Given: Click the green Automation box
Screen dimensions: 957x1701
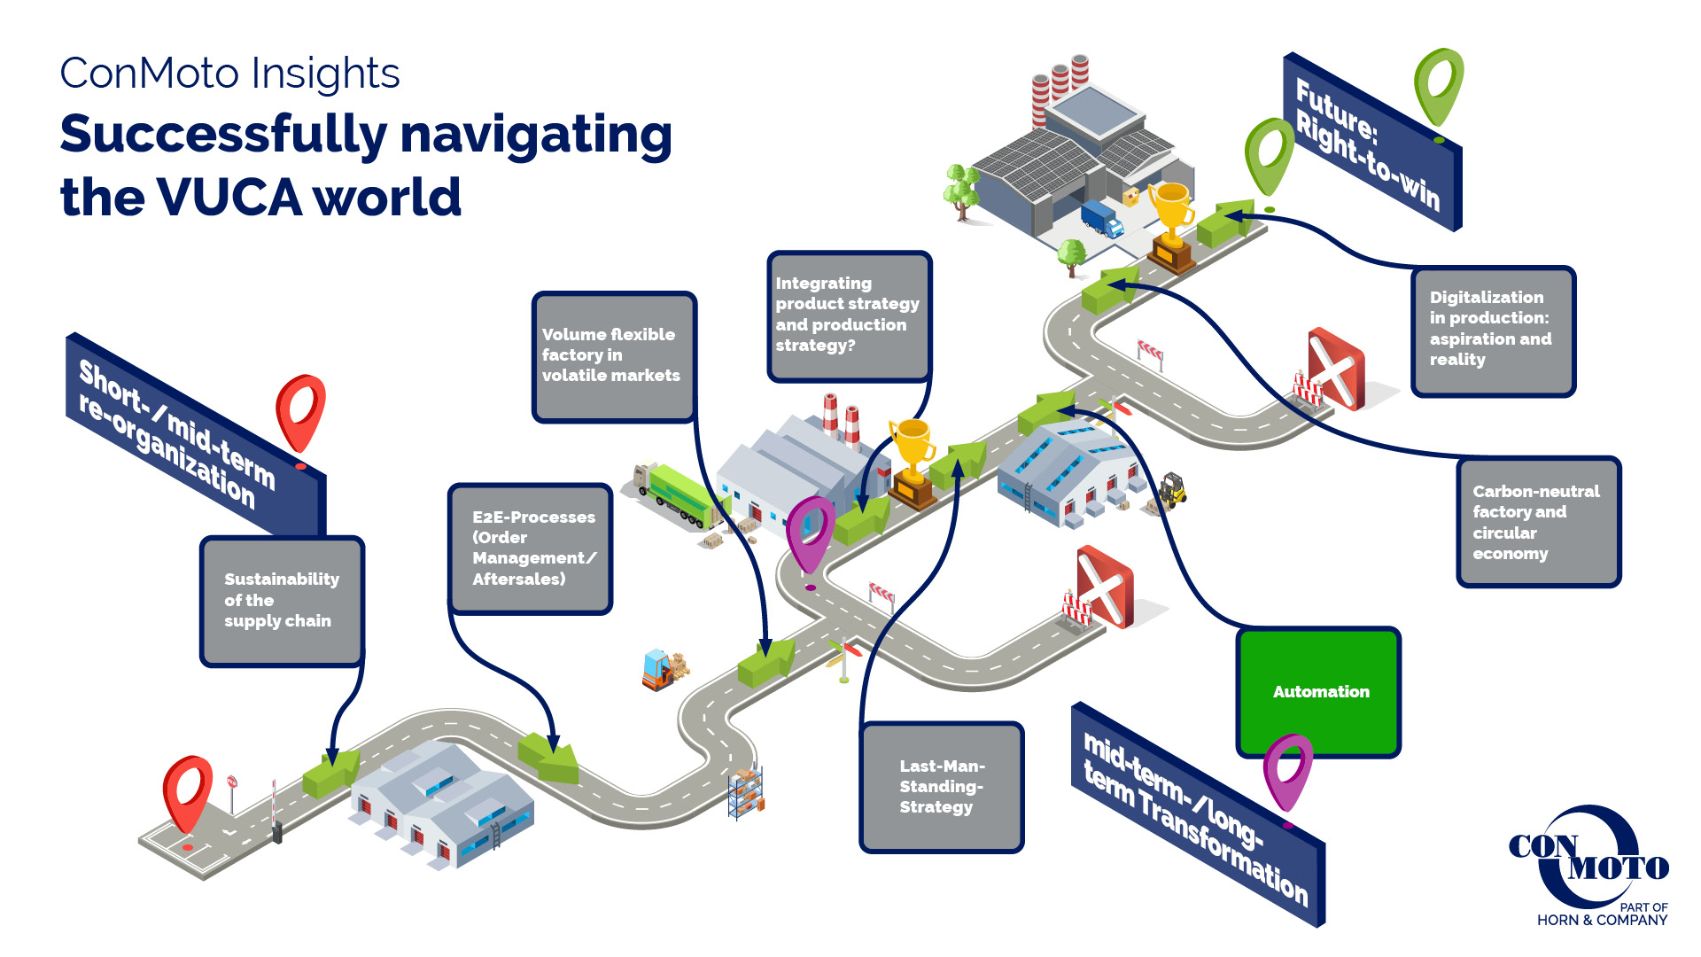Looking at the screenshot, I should point(1318,691).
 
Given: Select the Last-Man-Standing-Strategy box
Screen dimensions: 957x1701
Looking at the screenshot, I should point(942,787).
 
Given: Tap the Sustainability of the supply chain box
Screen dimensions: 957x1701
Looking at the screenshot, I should point(282,600).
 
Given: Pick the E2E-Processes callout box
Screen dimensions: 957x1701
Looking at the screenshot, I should point(531,549).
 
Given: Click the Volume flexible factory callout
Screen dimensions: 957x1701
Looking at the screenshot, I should point(614,356).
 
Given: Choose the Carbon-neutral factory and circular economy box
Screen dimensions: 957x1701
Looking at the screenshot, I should point(1539,522).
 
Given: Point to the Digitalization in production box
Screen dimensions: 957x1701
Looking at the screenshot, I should point(1493,330).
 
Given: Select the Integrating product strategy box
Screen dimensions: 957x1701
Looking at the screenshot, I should point(849,315).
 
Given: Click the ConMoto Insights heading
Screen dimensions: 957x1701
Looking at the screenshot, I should point(229,74).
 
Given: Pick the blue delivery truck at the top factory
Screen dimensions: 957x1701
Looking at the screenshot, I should point(1101,218).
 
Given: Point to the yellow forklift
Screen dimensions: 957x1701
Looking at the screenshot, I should point(1171,489).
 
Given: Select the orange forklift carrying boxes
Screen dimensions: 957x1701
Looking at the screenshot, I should point(659,670).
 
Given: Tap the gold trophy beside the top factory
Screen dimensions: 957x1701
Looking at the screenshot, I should point(1171,222).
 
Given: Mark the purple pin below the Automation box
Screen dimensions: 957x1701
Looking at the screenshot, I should point(1287,770).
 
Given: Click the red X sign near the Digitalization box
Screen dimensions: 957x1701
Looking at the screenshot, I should point(1336,367).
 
